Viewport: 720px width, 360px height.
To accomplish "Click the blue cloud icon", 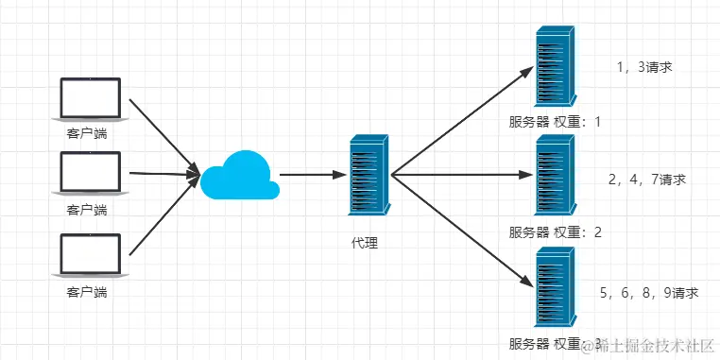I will click(x=239, y=175).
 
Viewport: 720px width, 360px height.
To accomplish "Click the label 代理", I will click(x=365, y=243).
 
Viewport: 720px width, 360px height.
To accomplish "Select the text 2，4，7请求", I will click(x=647, y=179).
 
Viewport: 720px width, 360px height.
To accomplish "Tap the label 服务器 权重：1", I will click(x=555, y=122).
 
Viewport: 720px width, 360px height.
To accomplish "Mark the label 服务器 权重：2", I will click(x=555, y=232).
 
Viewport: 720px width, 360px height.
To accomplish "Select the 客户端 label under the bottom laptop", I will click(x=86, y=293).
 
